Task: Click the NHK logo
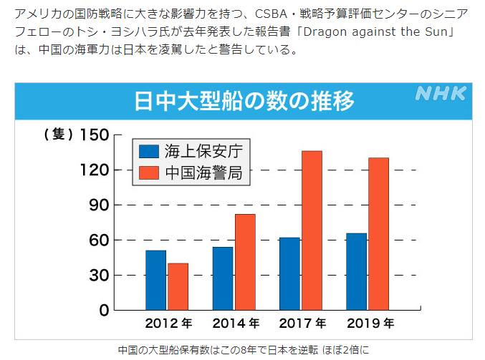pos(441,94)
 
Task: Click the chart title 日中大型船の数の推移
pos(244,101)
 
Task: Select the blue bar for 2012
pos(155,280)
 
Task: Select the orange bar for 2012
pos(178,286)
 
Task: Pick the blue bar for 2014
pos(222,278)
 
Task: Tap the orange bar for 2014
pos(245,261)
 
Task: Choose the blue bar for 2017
pos(289,273)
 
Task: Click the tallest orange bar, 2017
pos(312,230)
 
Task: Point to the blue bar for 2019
pos(356,271)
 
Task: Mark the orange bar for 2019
pos(378,233)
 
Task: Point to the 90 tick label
pos(98,205)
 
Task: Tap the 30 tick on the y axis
pos(98,276)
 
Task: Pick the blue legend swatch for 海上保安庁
pos(148,151)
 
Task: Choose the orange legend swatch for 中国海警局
pos(148,172)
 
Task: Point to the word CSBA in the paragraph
pos(300,15)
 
